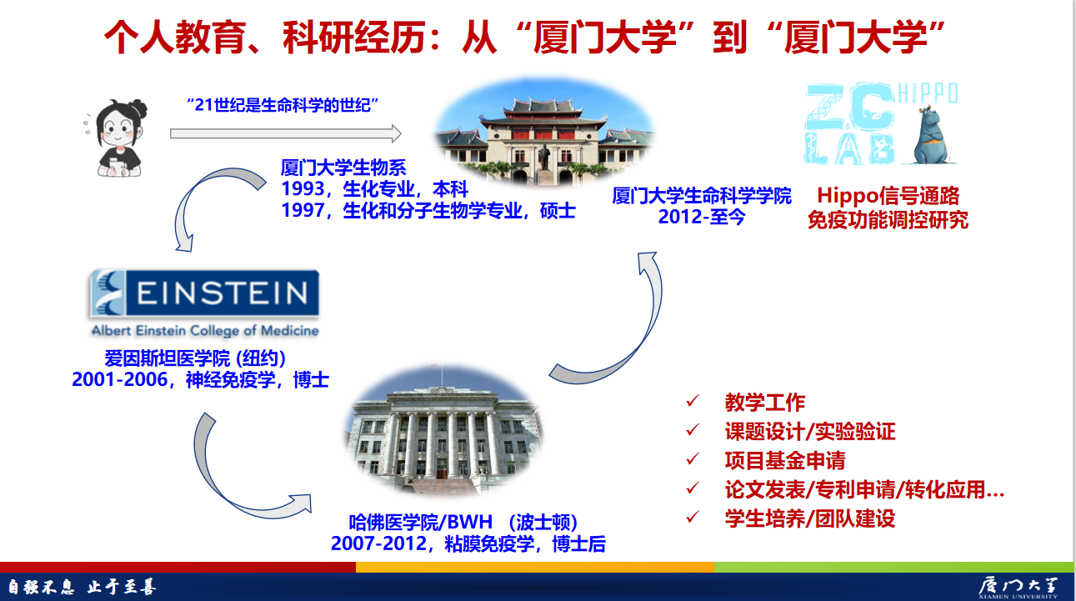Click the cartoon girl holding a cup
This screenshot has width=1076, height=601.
(x=118, y=138)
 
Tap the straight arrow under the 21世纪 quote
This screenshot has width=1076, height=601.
(x=286, y=133)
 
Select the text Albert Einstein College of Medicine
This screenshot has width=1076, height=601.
(x=205, y=331)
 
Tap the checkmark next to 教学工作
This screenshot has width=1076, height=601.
(x=693, y=401)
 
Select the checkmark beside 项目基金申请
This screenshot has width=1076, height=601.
(x=693, y=458)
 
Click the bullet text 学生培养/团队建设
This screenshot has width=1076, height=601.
(x=810, y=518)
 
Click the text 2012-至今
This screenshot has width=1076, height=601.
(x=701, y=217)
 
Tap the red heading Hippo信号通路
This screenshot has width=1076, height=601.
(x=888, y=196)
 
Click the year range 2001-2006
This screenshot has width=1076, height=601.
(x=120, y=379)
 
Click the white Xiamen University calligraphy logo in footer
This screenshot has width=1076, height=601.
(x=1018, y=587)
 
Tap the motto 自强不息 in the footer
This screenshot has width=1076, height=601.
(x=42, y=587)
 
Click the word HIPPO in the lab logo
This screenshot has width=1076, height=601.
(x=928, y=93)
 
